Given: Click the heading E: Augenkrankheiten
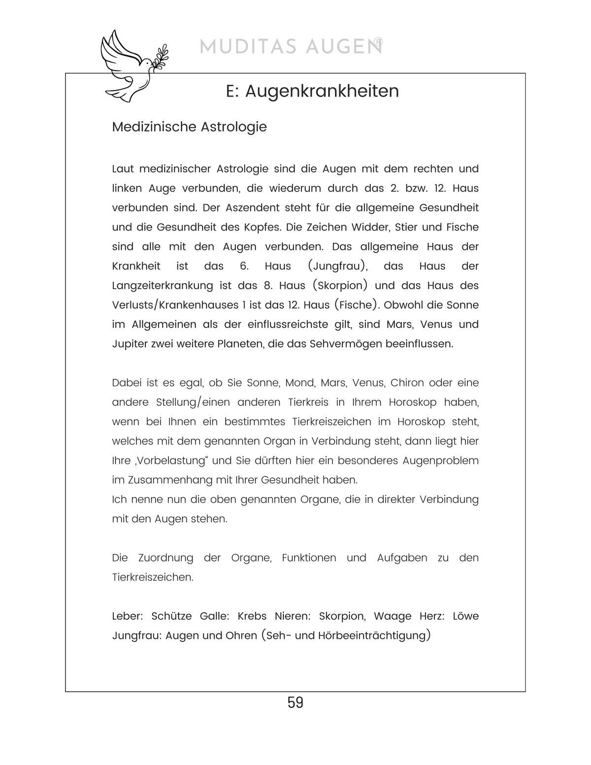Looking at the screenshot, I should [312, 91].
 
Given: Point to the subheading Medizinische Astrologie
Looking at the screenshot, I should [189, 127].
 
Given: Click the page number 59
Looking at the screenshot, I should [295, 702].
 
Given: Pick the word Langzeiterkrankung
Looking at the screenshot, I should [163, 286].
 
